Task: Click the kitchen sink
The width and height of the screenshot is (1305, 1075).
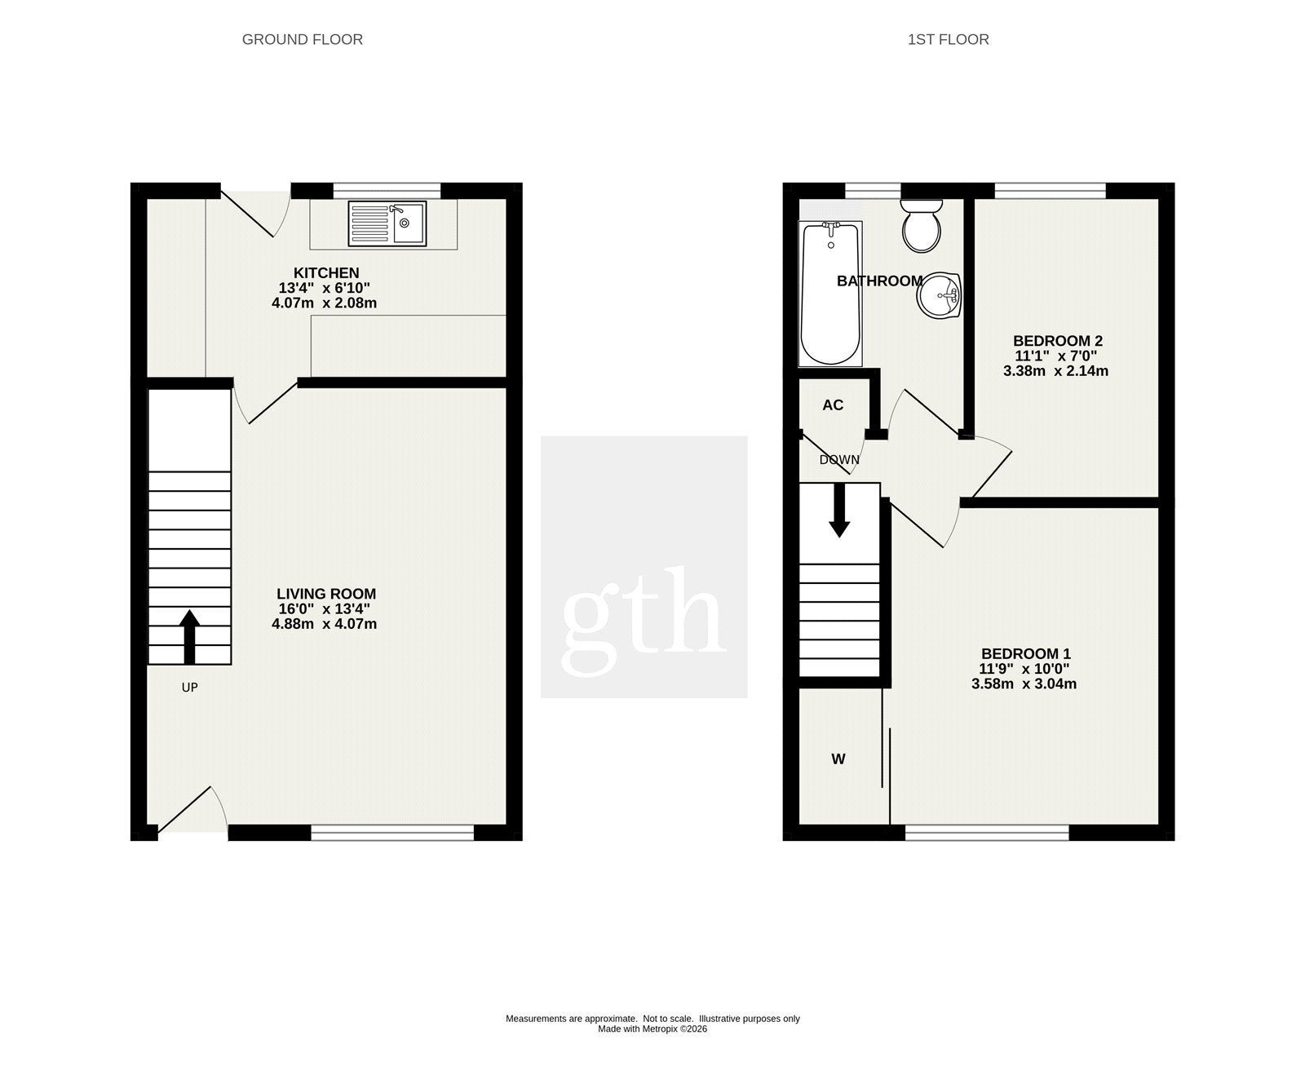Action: pos(387,223)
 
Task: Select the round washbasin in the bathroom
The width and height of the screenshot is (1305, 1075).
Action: pos(940,294)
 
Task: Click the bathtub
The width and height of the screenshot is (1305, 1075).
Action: pos(831,294)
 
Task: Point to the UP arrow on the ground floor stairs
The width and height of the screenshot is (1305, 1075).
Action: pos(189,637)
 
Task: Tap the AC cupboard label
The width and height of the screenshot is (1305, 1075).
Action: pos(833,405)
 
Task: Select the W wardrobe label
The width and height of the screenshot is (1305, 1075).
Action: pos(838,759)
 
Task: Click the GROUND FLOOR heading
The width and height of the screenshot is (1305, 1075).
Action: pos(303,39)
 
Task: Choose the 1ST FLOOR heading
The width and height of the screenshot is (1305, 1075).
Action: pos(949,39)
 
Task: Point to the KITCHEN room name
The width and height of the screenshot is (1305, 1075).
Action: pos(326,272)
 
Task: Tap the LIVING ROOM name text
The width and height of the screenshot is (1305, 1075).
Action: pos(326,594)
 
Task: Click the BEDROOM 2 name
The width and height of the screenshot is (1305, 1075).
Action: pos(1058,341)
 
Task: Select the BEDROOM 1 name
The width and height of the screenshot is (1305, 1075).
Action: pos(1026,653)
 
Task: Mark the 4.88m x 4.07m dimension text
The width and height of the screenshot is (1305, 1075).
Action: pos(325,624)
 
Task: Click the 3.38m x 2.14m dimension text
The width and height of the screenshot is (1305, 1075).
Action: pos(1056,371)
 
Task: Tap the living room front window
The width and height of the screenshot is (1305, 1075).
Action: pos(392,832)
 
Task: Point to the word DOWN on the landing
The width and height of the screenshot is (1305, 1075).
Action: pos(839,460)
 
